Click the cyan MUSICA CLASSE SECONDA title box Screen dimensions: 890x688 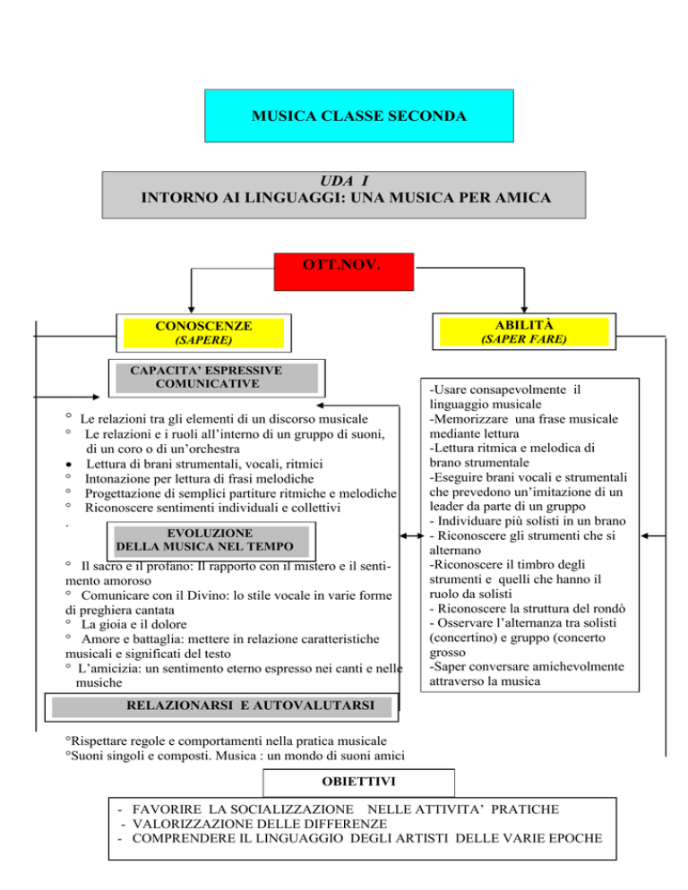click(x=345, y=117)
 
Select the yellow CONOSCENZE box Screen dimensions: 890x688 click(x=203, y=333)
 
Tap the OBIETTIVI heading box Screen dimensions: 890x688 click(x=333, y=787)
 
